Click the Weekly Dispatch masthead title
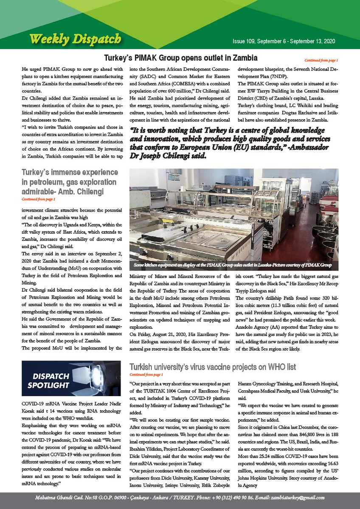point(75,39)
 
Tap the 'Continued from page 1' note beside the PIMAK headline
point(321,60)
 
